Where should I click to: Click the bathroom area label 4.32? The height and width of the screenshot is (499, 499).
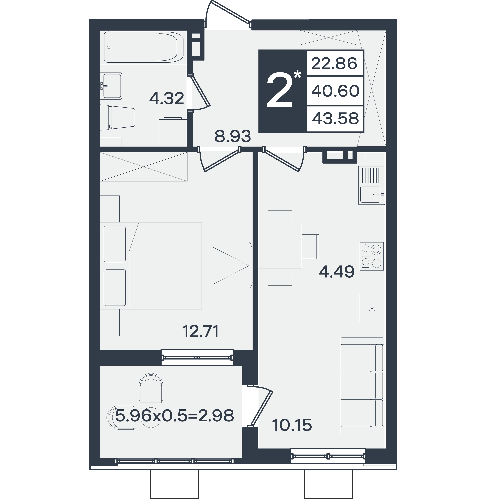tap(167, 98)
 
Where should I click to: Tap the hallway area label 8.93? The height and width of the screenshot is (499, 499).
tap(233, 136)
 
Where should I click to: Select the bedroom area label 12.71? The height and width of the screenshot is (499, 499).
tap(201, 331)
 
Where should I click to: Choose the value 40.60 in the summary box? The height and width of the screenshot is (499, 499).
tap(335, 91)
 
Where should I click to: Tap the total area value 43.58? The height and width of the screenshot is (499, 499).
tap(335, 118)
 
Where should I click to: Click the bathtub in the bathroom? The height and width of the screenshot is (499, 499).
tap(144, 47)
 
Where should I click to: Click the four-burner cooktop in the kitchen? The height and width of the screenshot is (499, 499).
tap(372, 256)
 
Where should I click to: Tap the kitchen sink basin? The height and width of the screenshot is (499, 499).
tap(370, 194)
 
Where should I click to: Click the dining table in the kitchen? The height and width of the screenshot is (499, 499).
tap(280, 247)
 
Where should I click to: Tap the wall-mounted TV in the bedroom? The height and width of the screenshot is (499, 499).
tap(251, 265)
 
